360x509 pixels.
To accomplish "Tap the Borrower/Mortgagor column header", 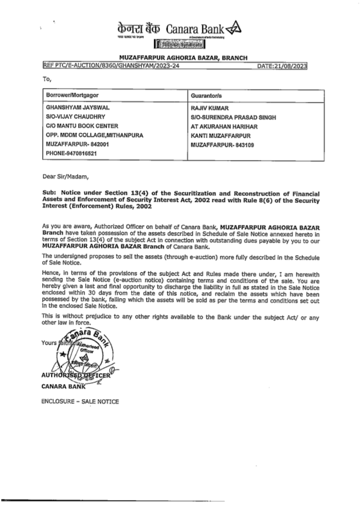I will [72, 95].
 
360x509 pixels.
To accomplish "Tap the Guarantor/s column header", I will [206, 96].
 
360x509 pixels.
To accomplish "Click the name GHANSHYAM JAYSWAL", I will [78, 108].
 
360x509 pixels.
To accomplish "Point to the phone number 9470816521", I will [72, 153].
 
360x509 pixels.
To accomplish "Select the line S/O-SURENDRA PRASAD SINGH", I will [233, 117].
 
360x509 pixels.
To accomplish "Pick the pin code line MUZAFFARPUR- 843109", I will [222, 145].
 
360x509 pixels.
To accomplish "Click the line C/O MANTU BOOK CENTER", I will [82, 126].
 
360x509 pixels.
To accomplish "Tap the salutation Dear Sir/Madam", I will [65, 176].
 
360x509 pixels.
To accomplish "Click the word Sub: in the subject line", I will [49, 193].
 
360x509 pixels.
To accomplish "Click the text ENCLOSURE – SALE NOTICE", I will [80, 401].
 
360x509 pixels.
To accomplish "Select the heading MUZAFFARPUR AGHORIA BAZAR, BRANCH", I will [183, 58].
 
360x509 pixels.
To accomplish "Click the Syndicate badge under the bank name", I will [180, 45].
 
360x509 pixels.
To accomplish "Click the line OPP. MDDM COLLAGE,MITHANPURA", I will [94, 135].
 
